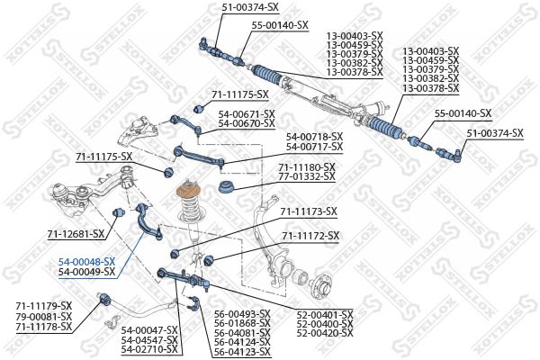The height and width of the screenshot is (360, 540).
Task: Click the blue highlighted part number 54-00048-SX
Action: [86, 262]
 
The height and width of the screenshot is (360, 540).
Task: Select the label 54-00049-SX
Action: [86, 272]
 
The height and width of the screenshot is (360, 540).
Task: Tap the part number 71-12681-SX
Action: [76, 234]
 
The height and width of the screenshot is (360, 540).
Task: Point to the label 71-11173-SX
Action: [309, 211]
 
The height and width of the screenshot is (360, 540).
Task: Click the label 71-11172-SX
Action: [310, 236]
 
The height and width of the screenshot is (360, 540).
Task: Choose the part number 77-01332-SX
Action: [307, 176]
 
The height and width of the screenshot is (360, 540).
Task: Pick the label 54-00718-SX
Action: [314, 138]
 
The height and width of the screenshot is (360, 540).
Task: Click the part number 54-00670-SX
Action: [247, 123]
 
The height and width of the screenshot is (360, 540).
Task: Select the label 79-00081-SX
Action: [44, 316]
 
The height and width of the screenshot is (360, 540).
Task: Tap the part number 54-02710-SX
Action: [149, 349]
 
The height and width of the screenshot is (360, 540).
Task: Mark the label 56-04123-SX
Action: [242, 352]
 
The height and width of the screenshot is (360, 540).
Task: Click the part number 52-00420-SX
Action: [325, 333]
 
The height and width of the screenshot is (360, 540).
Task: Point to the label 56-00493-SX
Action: [242, 314]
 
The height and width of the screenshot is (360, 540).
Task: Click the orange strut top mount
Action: [188, 191]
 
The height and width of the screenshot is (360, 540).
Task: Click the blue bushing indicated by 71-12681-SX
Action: [118, 212]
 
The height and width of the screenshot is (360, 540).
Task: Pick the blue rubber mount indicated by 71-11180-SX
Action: [227, 187]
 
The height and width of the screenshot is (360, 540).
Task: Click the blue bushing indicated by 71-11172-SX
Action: [209, 260]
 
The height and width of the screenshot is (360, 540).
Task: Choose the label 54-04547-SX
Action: [149, 340]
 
